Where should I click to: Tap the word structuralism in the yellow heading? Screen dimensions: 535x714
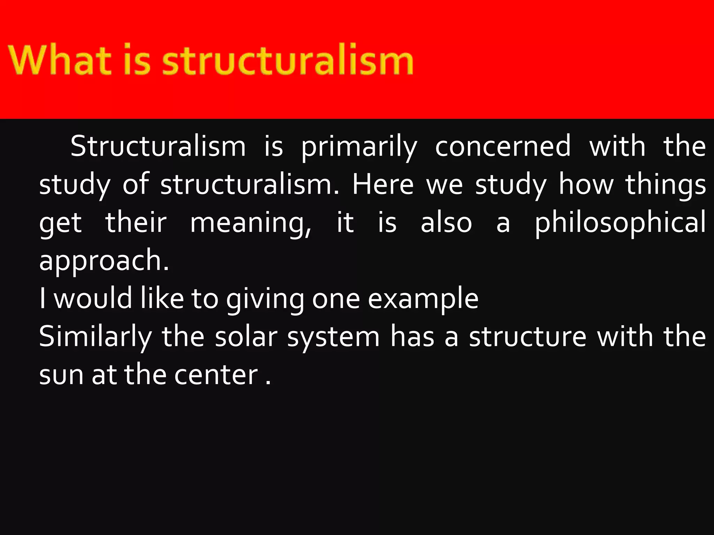coord(288,60)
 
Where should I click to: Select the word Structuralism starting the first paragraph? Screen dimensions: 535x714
coord(158,146)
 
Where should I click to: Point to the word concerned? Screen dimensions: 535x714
coord(503,146)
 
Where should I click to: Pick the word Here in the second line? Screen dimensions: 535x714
coord(383,184)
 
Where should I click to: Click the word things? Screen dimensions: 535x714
coord(665,185)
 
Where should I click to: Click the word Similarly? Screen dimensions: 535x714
coord(95,337)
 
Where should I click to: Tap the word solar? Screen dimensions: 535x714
coord(246,337)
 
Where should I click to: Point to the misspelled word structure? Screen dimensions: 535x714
coord(527,337)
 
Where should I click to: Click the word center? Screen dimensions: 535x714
coord(216,375)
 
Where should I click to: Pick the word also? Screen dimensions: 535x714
coord(446,223)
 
